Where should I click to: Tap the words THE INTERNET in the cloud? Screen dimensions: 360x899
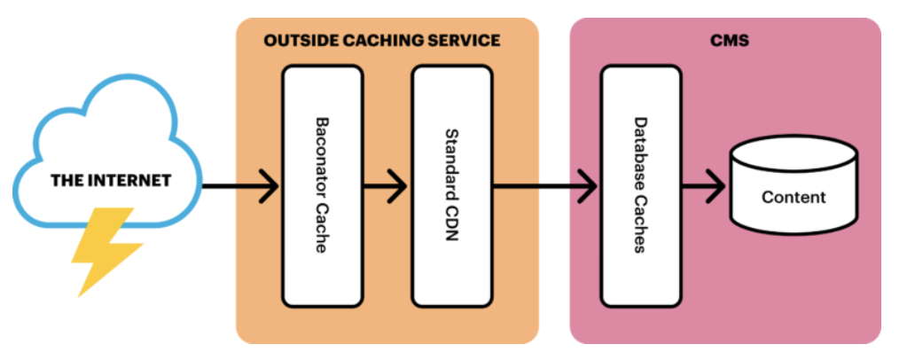coord(110,181)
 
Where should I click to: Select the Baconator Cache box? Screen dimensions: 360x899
coord(322,184)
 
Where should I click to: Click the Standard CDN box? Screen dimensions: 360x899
coord(451,184)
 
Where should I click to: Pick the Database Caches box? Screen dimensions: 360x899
coord(640,184)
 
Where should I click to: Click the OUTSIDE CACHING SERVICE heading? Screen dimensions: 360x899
coord(382,41)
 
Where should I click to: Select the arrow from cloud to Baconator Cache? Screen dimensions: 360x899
coord(239,186)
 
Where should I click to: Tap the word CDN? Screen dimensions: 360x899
coord(450,226)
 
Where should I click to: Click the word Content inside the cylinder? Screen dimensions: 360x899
coord(793,197)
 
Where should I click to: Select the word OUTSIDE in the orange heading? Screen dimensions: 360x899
coord(295,41)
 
